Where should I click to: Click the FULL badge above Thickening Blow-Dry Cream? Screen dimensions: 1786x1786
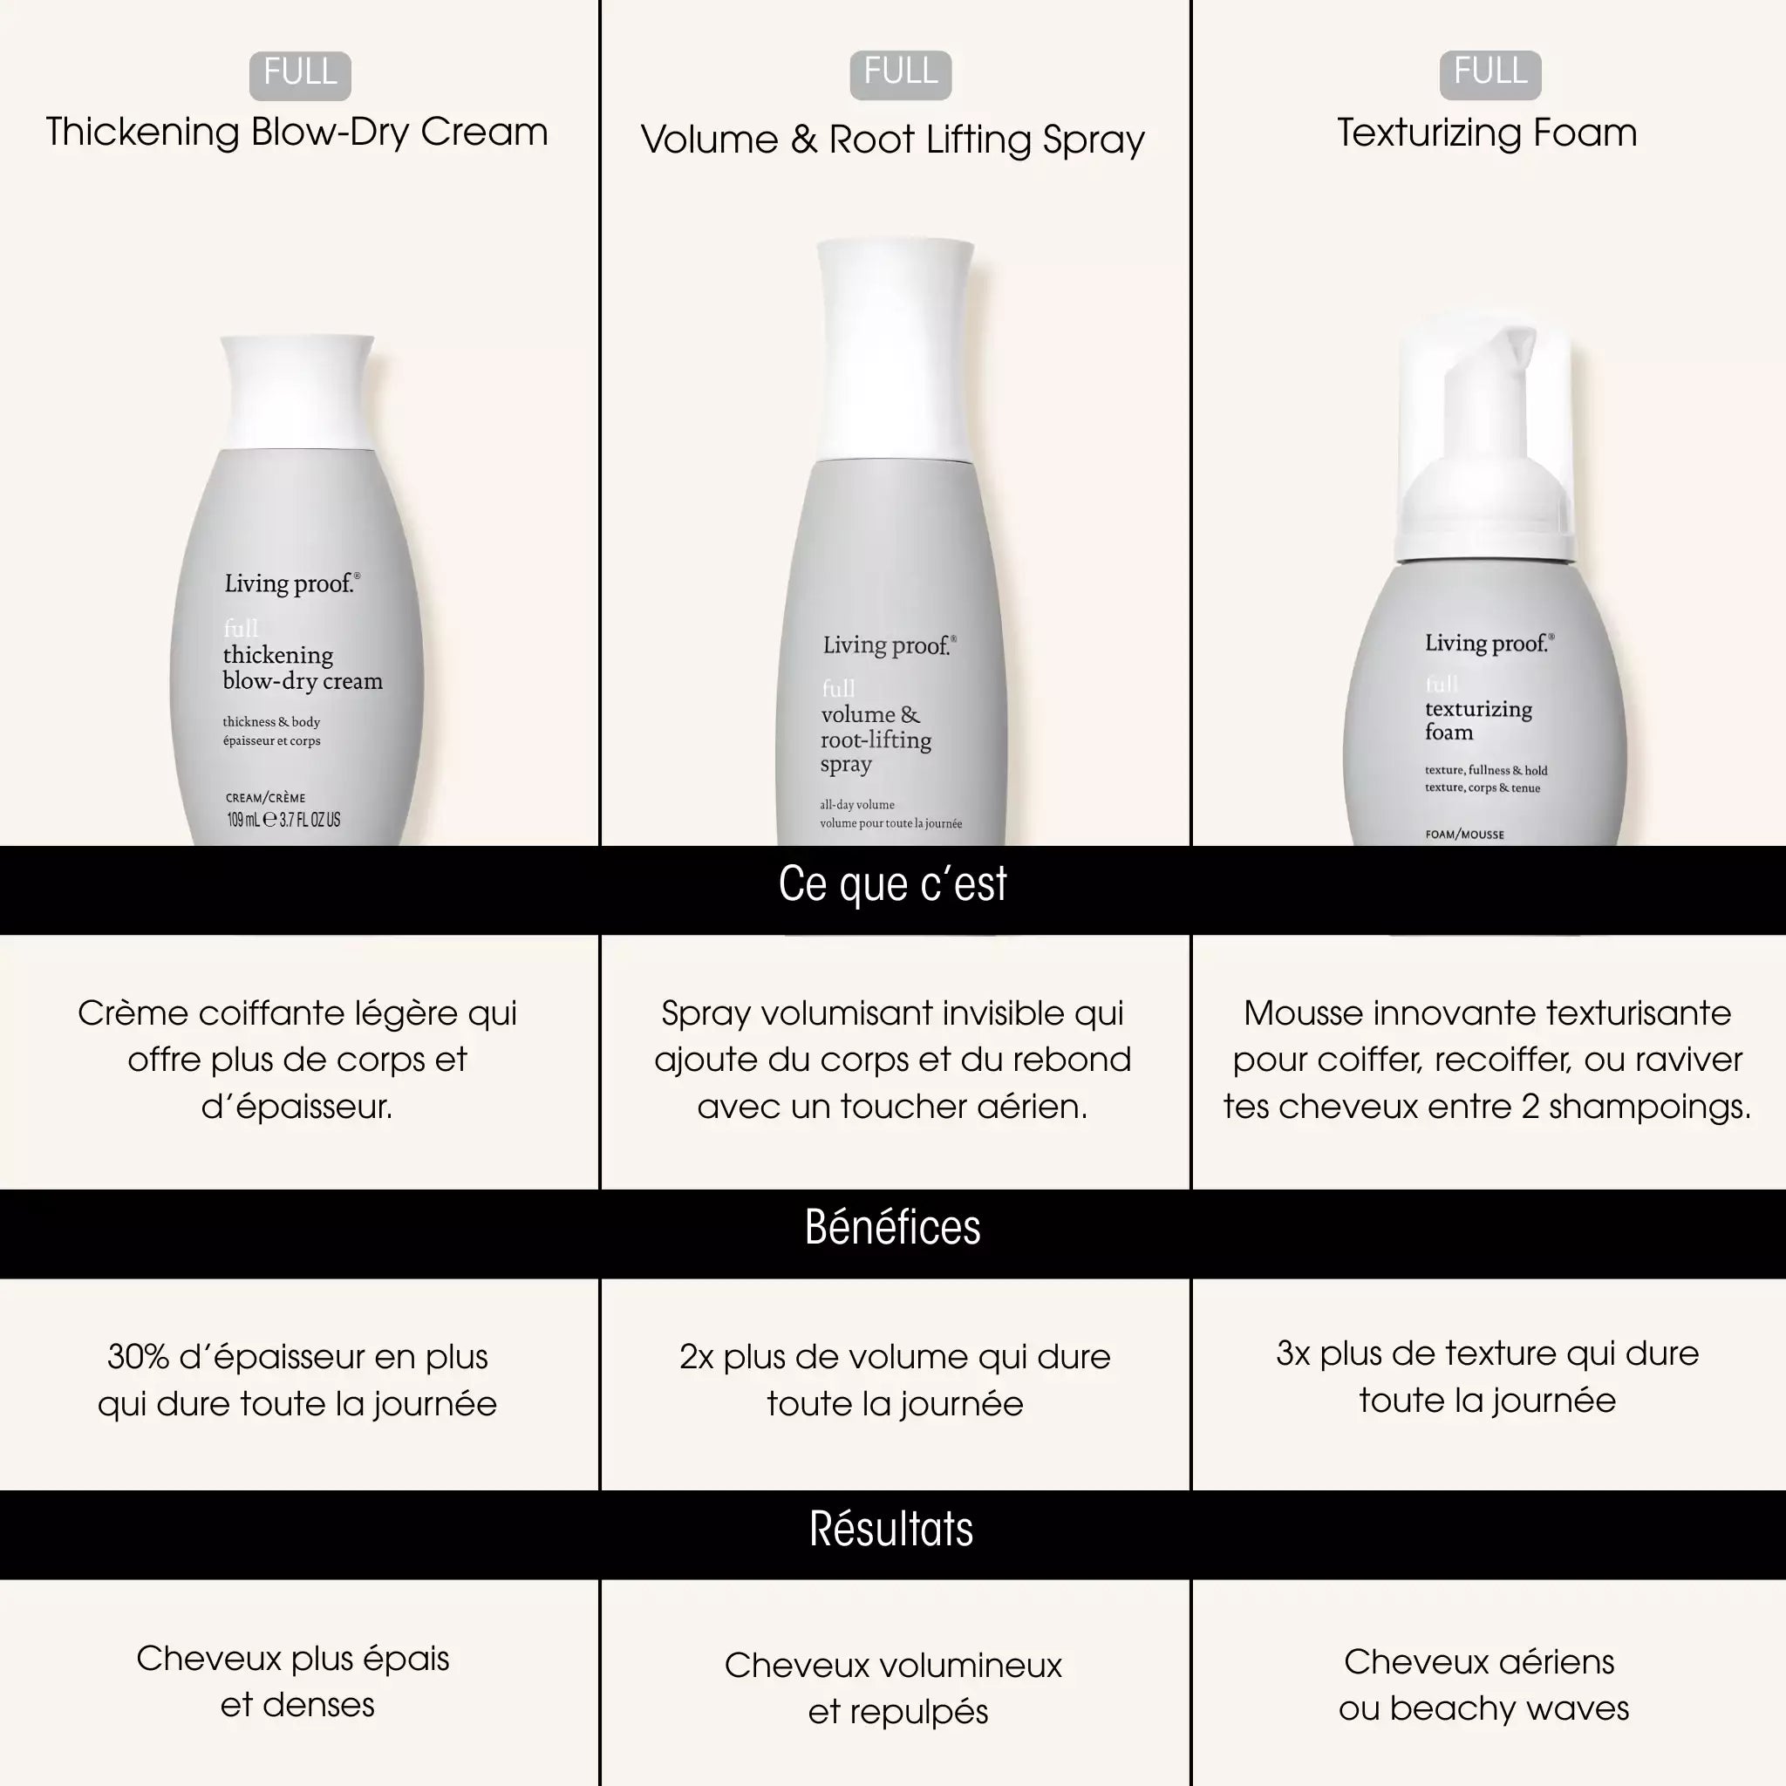[x=299, y=75]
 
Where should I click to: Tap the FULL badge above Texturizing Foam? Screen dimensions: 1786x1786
[x=1490, y=74]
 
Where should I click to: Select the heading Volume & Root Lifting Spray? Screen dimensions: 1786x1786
[x=892, y=140]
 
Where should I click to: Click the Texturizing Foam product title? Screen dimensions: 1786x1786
[x=1487, y=133]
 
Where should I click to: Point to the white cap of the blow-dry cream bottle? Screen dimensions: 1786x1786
[x=297, y=392]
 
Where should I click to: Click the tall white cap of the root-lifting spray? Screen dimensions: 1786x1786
[x=895, y=350]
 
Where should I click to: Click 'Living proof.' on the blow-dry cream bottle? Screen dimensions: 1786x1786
[x=292, y=583]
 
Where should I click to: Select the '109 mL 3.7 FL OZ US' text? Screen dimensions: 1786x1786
[x=283, y=819]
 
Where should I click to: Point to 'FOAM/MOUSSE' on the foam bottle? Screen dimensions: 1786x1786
[x=1464, y=834]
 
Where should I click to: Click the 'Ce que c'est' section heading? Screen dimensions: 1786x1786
[x=892, y=884]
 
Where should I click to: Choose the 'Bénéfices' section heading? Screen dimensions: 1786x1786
[x=892, y=1228]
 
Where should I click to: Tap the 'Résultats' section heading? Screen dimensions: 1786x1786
[x=891, y=1529]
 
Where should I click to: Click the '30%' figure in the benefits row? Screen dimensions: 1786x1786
[x=137, y=1356]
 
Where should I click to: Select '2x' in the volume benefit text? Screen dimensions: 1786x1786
[x=696, y=1356]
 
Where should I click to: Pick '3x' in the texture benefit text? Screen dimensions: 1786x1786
[x=1293, y=1353]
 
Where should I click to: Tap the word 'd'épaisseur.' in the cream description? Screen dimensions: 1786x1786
[x=297, y=1106]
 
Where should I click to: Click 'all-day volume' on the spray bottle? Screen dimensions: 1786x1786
[x=857, y=804]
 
